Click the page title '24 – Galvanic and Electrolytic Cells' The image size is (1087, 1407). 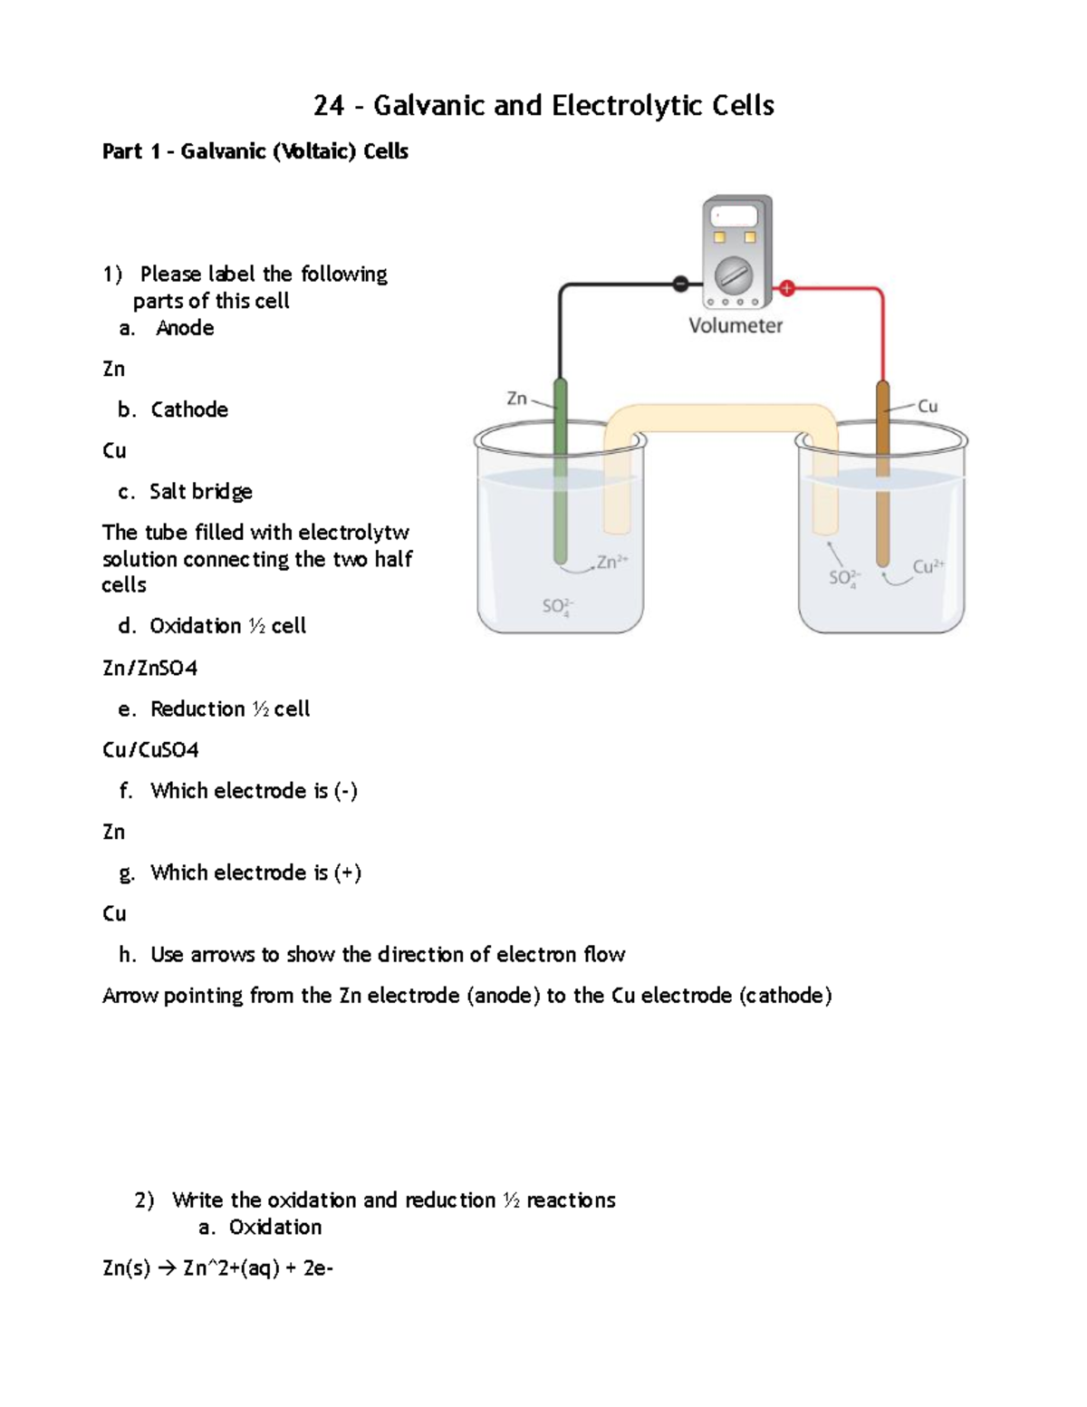tap(543, 106)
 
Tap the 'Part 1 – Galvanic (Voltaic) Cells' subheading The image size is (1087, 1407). tap(255, 151)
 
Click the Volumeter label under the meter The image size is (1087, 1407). tap(735, 325)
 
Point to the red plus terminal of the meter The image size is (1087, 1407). tap(787, 288)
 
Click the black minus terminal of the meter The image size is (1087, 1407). tap(680, 284)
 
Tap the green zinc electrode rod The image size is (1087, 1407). tap(560, 471)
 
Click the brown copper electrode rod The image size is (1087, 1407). tap(882, 471)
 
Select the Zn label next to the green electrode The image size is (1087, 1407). tap(516, 398)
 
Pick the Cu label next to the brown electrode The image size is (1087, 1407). tap(928, 406)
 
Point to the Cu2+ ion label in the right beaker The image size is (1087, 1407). tap(928, 567)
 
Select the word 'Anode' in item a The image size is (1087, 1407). tap(185, 328)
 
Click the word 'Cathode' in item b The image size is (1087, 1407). tap(189, 410)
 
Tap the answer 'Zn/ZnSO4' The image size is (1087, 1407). tap(149, 668)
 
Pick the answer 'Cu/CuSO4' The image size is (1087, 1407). tap(150, 749)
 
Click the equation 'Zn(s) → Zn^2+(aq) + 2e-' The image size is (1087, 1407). tap(217, 1267)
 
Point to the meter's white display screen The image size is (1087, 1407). tap(734, 216)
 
